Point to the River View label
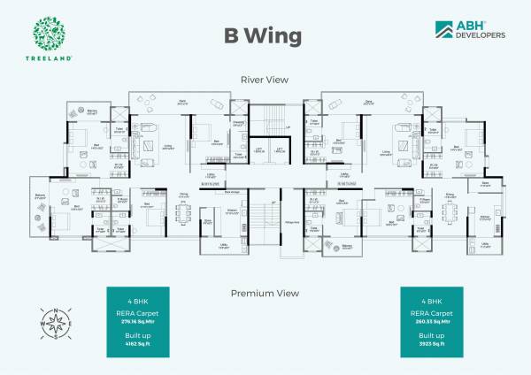coord(265,79)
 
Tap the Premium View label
coord(265,293)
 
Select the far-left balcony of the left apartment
coord(40,209)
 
